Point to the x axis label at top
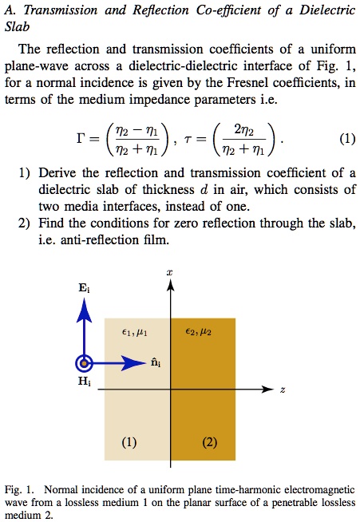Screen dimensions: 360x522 [169, 273]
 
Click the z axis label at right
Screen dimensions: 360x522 [283, 390]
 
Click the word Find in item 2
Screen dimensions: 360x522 [51, 222]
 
